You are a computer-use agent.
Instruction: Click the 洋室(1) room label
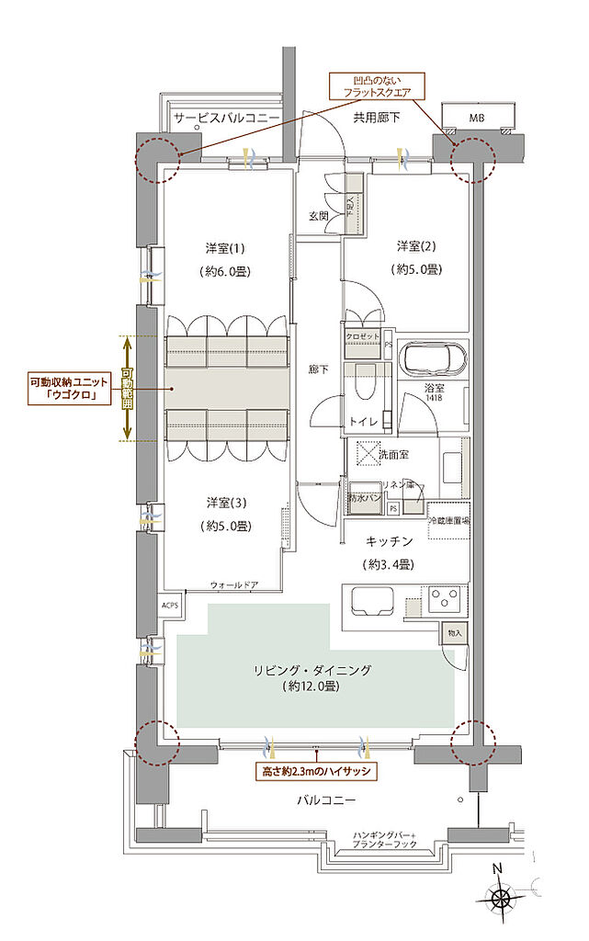coord(225,249)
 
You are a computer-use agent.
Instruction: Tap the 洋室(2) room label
coord(416,246)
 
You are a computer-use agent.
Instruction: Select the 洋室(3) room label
coord(225,503)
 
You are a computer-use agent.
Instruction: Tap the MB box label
coord(476,119)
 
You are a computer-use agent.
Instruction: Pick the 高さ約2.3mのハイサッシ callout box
coord(315,772)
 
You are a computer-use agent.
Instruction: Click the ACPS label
coord(170,606)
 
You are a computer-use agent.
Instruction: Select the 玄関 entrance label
coord(319,216)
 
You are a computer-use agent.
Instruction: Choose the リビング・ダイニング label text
coord(314,671)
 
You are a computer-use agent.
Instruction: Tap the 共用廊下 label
coord(377,117)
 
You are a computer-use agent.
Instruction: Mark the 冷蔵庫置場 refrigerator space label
coord(448,519)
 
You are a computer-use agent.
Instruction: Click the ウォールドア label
coord(233,584)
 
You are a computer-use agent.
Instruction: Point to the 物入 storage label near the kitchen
coord(456,633)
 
